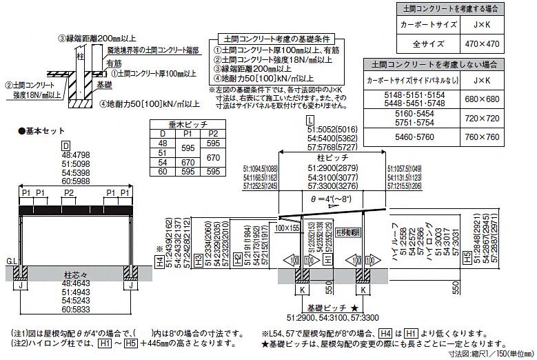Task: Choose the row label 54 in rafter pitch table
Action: pyautogui.click(x=163, y=162)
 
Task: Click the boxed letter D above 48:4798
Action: pyautogui.click(x=66, y=146)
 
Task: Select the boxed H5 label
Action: pyautogui.click(x=467, y=256)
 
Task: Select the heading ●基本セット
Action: pyautogui.click(x=41, y=130)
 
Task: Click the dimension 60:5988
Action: pyautogui.click(x=76, y=181)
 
